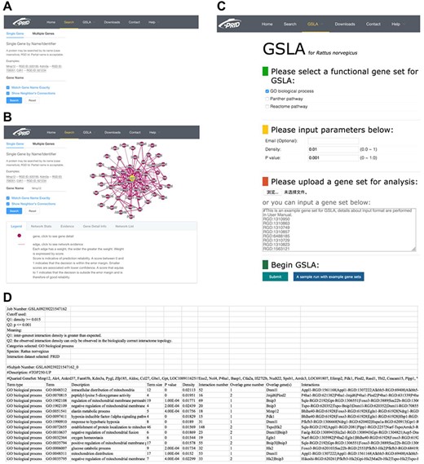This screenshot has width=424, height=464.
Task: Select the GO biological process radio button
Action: [x=264, y=91]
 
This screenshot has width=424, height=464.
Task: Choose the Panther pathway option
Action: [x=264, y=99]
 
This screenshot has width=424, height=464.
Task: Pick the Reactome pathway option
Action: [x=264, y=107]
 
